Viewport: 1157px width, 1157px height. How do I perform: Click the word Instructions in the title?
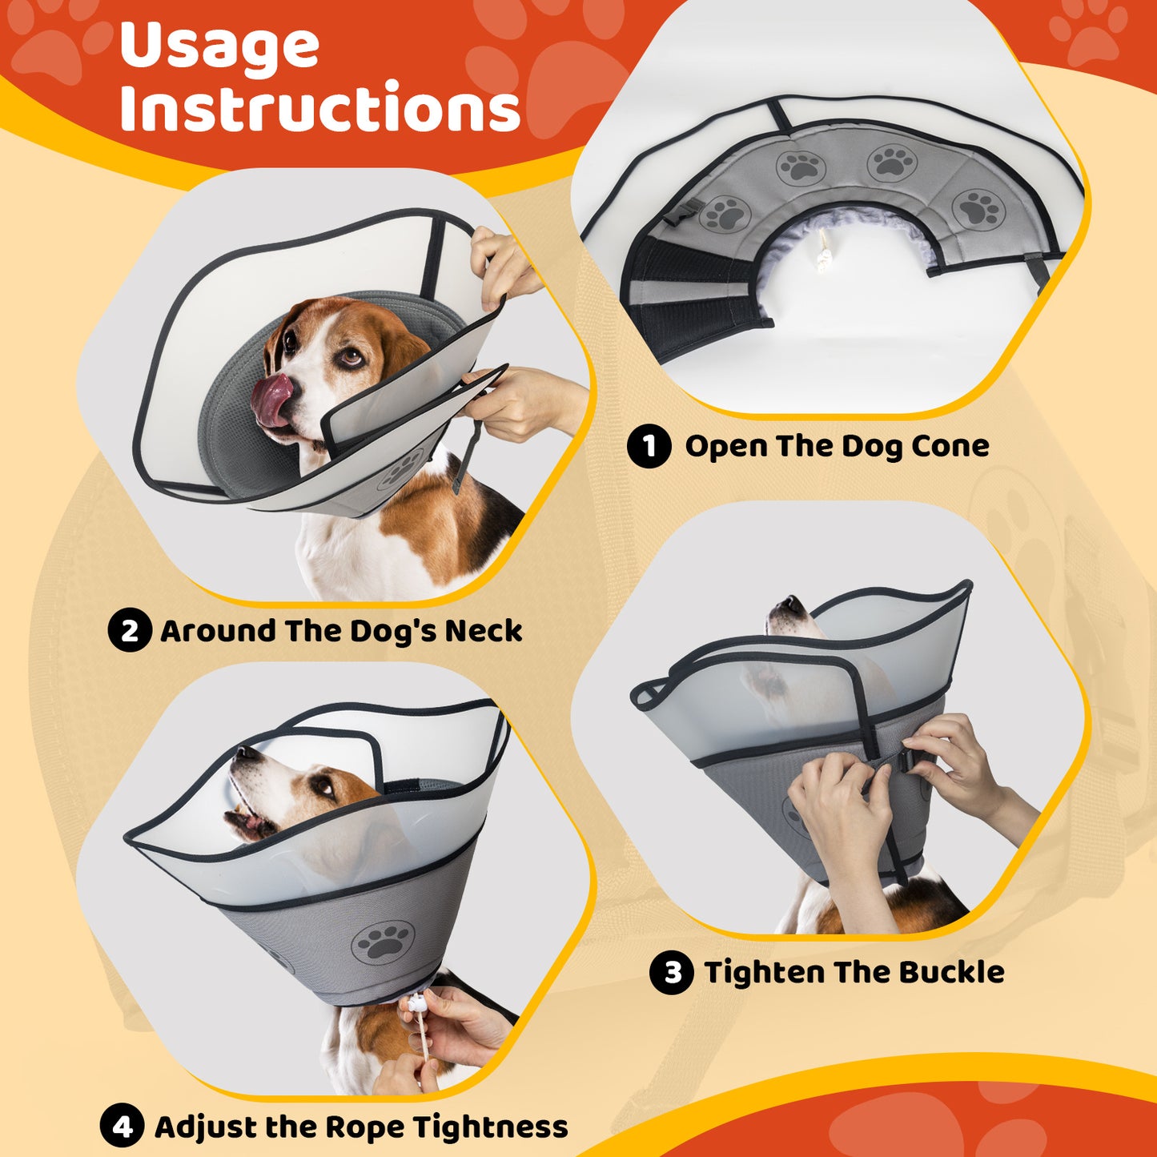pos(320,106)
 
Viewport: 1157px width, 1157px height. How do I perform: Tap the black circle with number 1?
pos(649,446)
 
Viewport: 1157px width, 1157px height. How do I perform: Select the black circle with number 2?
pos(130,630)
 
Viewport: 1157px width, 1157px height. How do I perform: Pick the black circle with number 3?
pos(672,972)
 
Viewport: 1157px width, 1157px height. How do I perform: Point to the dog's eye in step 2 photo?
pos(351,359)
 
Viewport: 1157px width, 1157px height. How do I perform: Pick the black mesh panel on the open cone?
pos(690,300)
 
